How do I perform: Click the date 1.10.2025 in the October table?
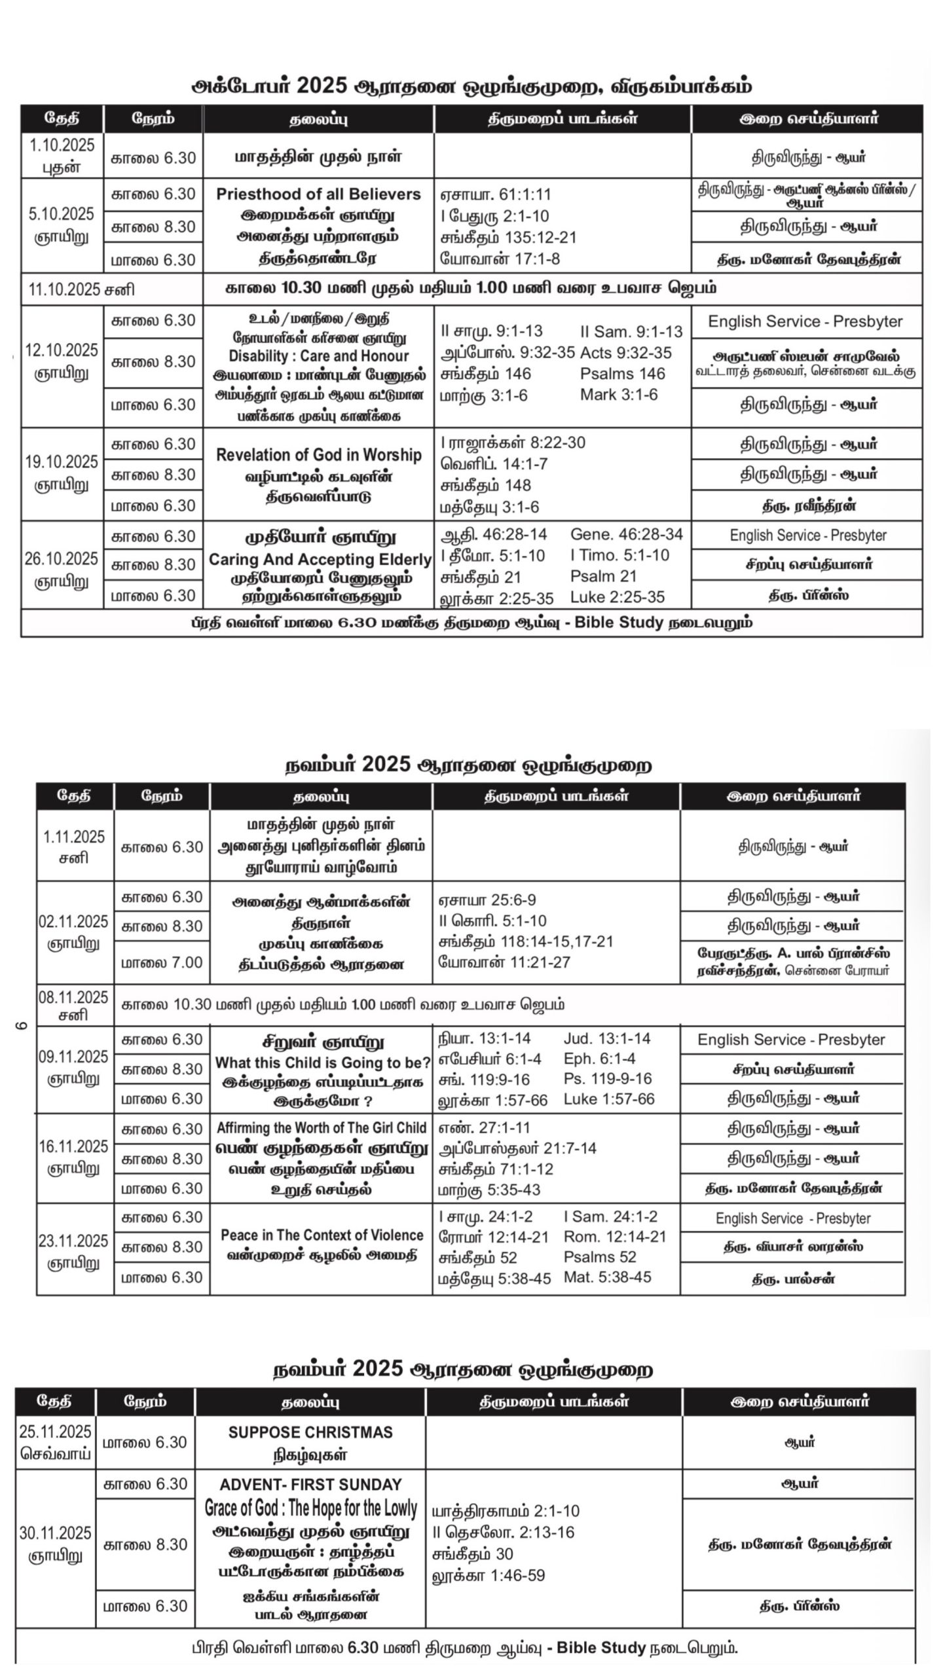[62, 145]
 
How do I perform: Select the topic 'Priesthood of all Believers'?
[318, 194]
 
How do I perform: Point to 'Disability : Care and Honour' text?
[318, 356]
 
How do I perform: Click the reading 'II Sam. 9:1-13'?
[631, 332]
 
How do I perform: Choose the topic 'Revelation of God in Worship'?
[318, 455]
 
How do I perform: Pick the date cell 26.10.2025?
[62, 559]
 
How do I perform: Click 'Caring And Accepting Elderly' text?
[320, 560]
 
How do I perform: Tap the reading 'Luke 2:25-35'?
[617, 597]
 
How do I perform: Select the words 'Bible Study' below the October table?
[619, 623]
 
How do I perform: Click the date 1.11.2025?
[74, 837]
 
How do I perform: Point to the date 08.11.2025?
[73, 997]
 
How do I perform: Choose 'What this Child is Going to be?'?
[322, 1063]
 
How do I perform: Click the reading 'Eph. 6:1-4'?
[599, 1059]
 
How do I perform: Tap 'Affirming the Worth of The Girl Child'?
[321, 1128]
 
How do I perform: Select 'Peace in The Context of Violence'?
[322, 1235]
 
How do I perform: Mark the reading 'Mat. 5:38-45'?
[607, 1277]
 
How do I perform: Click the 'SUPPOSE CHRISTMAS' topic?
[310, 1432]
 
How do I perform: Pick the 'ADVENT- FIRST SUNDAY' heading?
[310, 1485]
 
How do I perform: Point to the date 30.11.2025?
[56, 1533]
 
